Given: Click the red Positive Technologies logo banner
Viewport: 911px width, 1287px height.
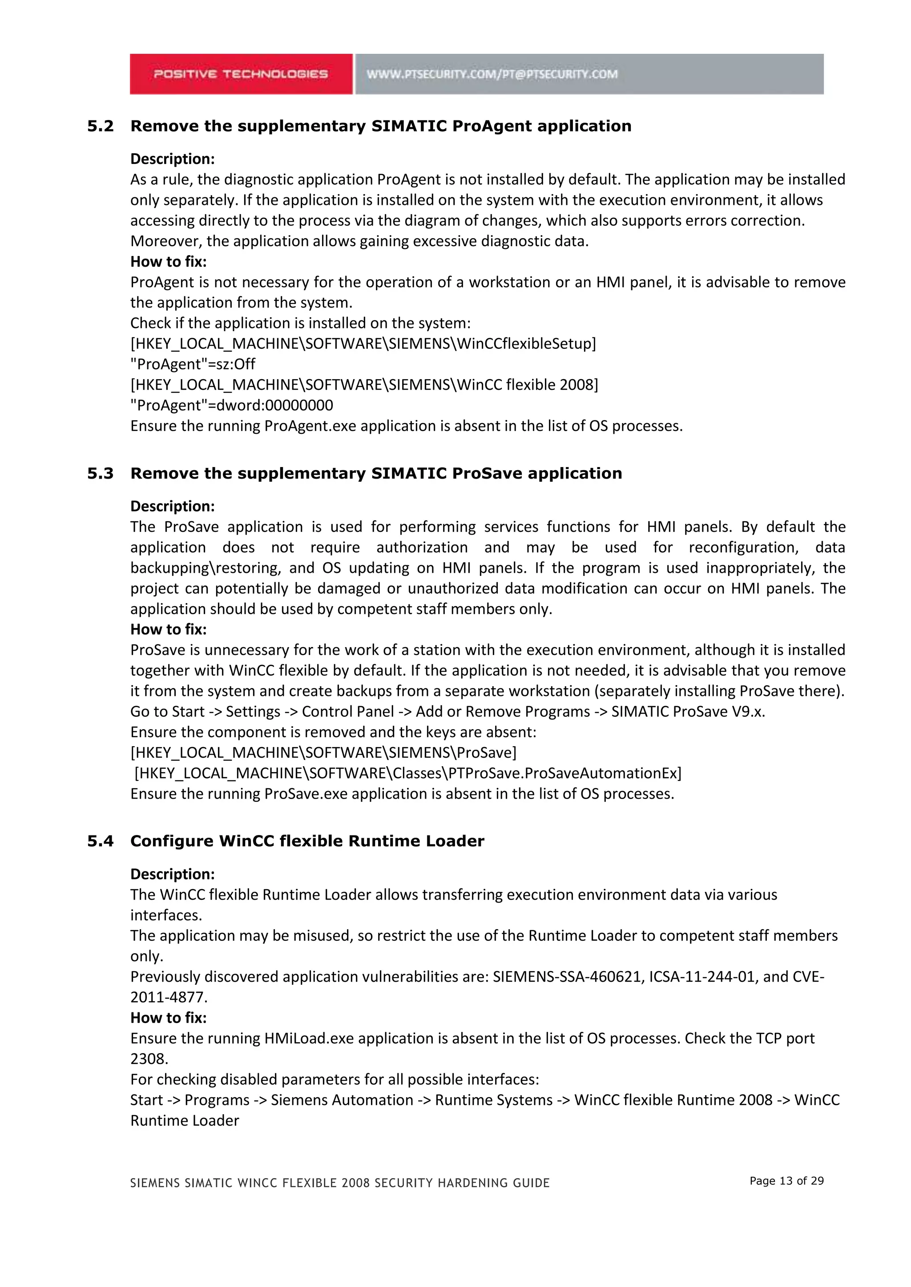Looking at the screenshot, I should point(241,74).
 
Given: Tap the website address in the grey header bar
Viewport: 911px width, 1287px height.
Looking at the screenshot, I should point(492,74).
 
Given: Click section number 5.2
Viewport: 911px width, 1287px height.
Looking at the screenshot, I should point(101,126).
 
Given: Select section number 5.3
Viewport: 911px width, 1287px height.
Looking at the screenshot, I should point(101,474).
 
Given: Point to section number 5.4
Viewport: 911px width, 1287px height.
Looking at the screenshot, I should point(101,841).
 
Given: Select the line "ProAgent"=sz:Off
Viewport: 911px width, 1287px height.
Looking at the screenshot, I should point(193,364).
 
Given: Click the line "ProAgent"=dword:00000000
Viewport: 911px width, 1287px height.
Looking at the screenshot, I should point(231,405).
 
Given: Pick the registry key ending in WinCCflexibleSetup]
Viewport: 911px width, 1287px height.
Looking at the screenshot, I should point(363,344).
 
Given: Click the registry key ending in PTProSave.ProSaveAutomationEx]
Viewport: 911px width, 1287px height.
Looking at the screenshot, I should point(408,774).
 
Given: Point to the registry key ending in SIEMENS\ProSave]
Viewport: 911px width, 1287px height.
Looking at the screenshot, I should point(323,753).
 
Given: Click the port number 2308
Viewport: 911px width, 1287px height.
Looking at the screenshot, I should point(149,1059).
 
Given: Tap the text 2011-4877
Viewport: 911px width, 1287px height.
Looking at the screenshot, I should point(168,997).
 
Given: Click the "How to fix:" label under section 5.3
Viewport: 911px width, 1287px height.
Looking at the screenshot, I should point(168,629).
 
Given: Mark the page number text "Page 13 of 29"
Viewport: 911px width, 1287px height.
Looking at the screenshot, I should point(786,1181).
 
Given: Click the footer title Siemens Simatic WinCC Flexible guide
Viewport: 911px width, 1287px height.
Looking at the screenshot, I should point(340,1183).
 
